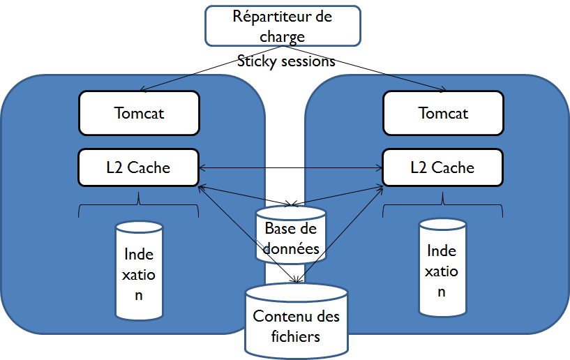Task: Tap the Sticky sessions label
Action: (286, 61)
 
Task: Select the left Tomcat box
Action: (139, 112)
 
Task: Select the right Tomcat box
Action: (443, 112)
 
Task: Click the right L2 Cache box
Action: (442, 167)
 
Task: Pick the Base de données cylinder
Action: (291, 235)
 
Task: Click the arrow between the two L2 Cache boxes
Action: (290, 167)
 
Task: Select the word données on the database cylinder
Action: (292, 248)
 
